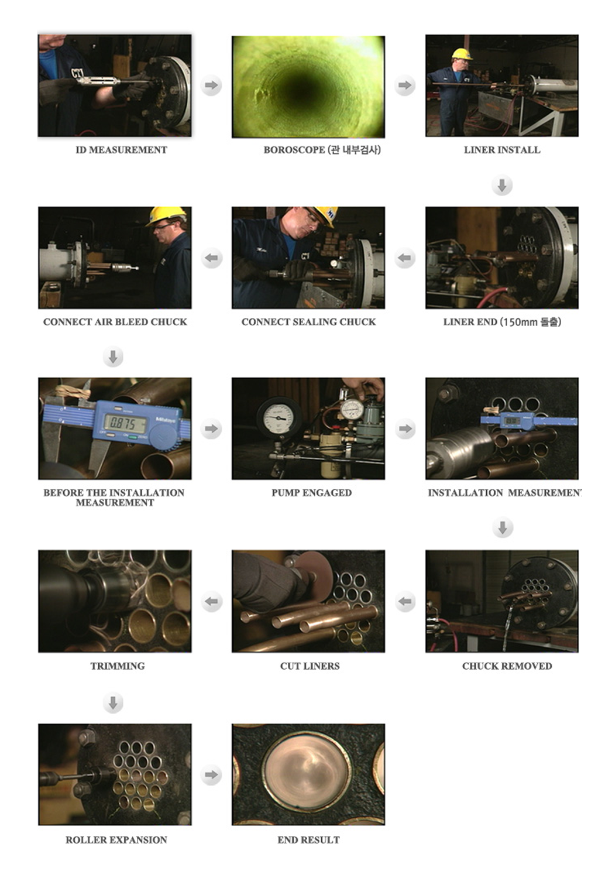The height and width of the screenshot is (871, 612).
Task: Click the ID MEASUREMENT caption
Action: click(121, 150)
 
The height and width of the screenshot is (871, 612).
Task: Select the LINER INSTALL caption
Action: click(502, 150)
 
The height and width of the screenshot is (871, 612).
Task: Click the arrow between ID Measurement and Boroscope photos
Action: click(211, 85)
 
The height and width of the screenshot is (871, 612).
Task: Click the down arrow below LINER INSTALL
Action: click(502, 186)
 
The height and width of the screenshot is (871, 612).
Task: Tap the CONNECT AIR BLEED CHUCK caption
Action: click(115, 322)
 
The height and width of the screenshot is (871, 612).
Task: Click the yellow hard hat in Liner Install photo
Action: click(462, 54)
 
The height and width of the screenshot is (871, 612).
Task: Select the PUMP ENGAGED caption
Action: click(312, 493)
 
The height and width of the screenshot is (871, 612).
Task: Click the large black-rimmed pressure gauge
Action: click(279, 417)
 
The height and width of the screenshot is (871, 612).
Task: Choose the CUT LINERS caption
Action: click(310, 666)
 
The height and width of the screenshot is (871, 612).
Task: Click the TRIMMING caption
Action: click(118, 666)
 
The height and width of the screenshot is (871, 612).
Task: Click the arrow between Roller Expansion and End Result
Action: click(211, 774)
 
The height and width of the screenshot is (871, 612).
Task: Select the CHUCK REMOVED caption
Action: click(507, 666)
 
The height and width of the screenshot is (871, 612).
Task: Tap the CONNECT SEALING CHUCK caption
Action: click(308, 322)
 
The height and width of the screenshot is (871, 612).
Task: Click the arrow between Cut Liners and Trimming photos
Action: click(212, 601)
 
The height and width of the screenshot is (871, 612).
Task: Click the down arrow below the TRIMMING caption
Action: click(113, 702)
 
